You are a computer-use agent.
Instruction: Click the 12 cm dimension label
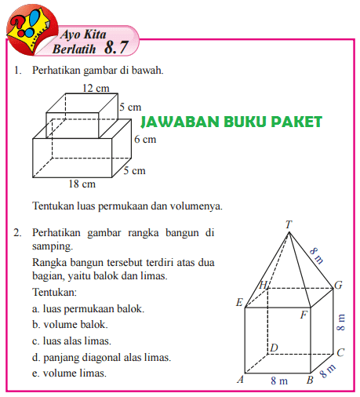[x=96, y=89]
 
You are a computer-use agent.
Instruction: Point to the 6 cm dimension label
[x=145, y=140]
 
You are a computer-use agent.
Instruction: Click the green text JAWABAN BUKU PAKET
[x=231, y=122]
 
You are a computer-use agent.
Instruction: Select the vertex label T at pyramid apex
[x=289, y=224]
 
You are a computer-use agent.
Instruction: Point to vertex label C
[x=341, y=353]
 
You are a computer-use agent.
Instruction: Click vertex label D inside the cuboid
[x=275, y=347]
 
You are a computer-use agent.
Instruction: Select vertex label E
[x=239, y=302]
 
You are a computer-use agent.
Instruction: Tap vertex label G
[x=339, y=286]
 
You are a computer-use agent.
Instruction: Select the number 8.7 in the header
[x=115, y=48]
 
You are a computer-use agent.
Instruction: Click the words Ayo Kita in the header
[x=83, y=35]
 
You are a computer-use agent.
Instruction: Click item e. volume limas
[x=70, y=373]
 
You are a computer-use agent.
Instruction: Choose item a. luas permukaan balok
[x=88, y=308]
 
